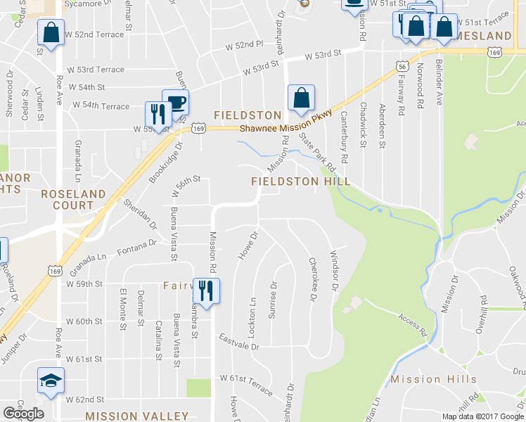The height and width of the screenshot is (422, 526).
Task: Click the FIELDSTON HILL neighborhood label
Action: (x=302, y=181)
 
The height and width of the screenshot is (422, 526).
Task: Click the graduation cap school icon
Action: (x=51, y=381)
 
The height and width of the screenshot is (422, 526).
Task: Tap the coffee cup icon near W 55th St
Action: (x=175, y=103)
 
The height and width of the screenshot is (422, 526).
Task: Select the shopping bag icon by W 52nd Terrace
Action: (x=51, y=32)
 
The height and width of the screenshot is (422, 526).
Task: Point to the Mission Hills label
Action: (x=434, y=379)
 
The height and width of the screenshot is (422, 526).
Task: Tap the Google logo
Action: (x=23, y=413)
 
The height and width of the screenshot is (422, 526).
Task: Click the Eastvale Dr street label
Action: (x=238, y=343)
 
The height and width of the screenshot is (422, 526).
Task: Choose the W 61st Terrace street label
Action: (x=245, y=383)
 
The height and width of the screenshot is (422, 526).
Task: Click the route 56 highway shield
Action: (x=402, y=65)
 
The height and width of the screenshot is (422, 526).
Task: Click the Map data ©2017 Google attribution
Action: (x=482, y=416)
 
